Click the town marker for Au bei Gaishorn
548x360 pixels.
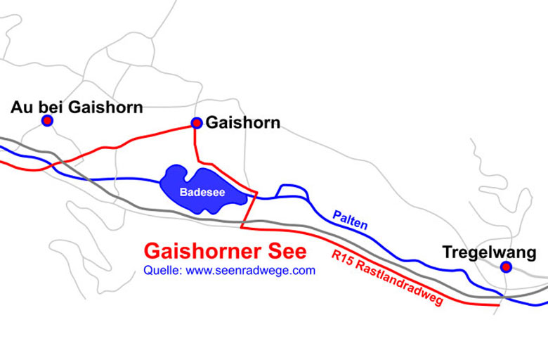[47, 121]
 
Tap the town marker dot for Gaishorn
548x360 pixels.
[197, 123]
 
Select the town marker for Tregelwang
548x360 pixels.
[506, 266]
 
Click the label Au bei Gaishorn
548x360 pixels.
[77, 107]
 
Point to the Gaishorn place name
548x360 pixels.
[242, 123]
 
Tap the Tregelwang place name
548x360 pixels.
[489, 252]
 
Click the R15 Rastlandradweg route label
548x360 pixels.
[387, 278]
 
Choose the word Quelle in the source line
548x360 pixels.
[162, 270]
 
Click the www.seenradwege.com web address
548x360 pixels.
[251, 270]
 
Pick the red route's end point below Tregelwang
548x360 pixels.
[500, 305]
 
